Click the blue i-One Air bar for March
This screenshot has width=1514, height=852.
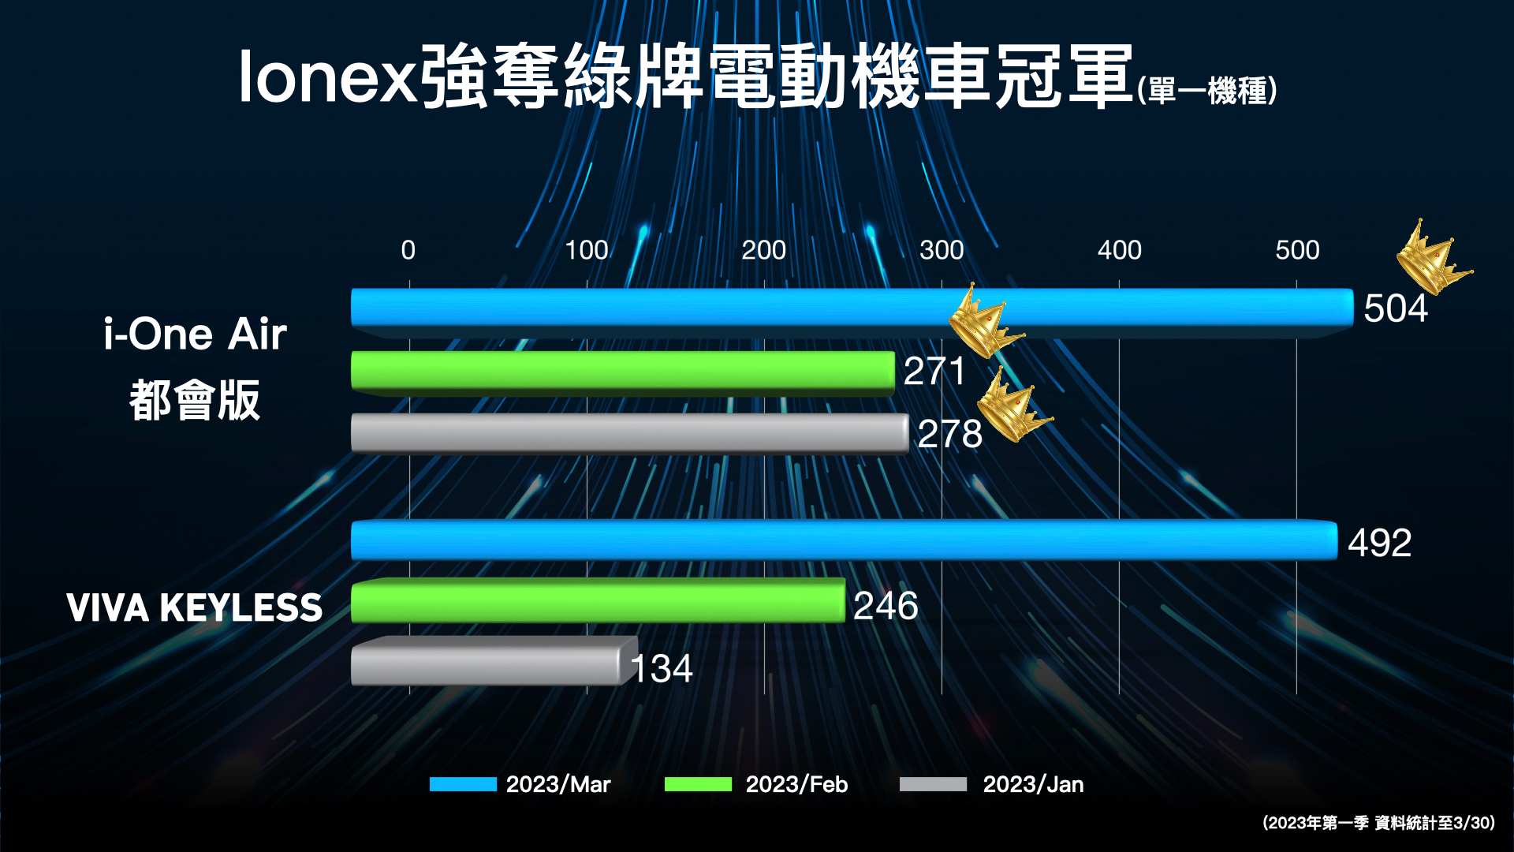click(x=852, y=308)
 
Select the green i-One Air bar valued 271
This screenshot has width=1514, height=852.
click(x=623, y=371)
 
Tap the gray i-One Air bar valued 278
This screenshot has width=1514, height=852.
click(x=629, y=433)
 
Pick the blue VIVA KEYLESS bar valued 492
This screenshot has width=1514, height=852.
click(x=844, y=541)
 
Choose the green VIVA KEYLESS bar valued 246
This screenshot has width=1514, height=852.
click(x=598, y=601)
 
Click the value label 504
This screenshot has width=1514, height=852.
click(x=1396, y=308)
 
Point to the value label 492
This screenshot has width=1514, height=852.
click(x=1379, y=543)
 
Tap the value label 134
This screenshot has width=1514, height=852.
click(x=662, y=669)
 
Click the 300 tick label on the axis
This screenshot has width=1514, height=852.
click(x=942, y=250)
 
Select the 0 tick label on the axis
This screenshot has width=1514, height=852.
click(x=408, y=250)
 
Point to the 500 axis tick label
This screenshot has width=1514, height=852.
click(x=1297, y=250)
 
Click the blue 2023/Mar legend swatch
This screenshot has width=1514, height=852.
click(x=463, y=784)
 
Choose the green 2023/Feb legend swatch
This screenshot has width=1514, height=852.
click(x=698, y=784)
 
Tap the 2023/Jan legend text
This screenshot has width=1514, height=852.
click(x=1033, y=784)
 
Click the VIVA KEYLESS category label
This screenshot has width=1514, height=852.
click(x=195, y=607)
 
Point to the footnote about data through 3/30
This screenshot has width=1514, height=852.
click(x=1378, y=823)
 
